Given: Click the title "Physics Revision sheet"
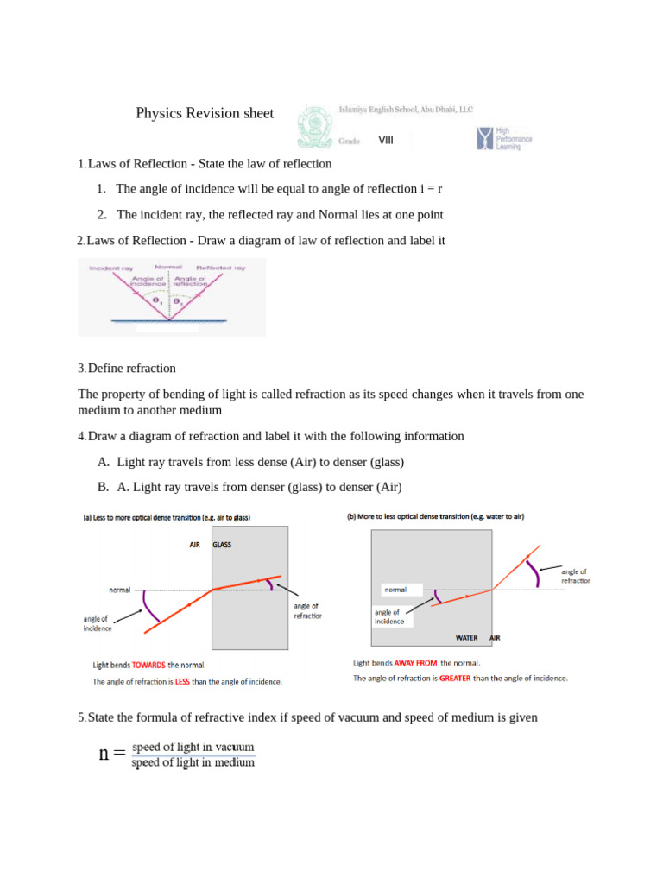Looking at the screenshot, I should (205, 113).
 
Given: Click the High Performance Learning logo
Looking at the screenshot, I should (504, 138).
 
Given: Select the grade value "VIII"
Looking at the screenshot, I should (385, 140).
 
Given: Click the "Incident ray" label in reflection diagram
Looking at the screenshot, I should (109, 268).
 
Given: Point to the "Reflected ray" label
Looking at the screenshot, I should (221, 268).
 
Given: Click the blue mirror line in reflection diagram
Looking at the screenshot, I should (169, 321).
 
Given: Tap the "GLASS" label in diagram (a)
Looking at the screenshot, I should (222, 545).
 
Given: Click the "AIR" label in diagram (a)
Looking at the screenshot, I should (195, 545).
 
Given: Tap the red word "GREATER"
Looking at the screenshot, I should (454, 679).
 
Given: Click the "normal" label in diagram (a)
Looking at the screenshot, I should (119, 590).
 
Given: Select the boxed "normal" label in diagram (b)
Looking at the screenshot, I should (395, 590).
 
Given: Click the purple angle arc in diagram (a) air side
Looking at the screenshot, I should (150, 606).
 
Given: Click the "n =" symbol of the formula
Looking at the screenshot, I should (112, 754).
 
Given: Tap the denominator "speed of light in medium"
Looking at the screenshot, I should (193, 762).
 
